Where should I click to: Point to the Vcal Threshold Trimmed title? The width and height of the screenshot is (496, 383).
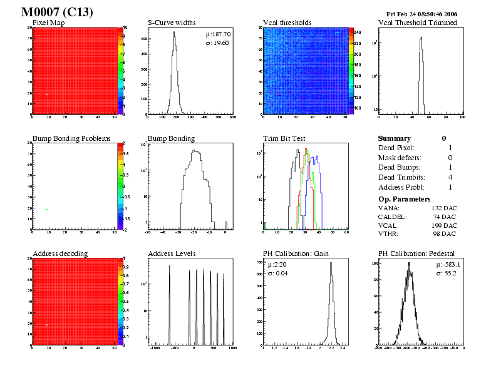click(x=417, y=23)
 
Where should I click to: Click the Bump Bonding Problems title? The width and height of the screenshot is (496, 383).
click(x=71, y=138)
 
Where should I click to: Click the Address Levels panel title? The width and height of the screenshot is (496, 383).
click(x=172, y=253)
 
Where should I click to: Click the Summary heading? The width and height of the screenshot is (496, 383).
click(x=395, y=138)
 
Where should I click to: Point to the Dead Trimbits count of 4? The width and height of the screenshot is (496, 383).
click(x=450, y=177)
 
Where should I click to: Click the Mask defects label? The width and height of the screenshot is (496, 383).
click(x=400, y=158)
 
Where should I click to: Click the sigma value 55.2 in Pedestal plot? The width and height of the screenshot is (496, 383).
click(x=450, y=273)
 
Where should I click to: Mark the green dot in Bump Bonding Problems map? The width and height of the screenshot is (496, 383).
click(x=46, y=209)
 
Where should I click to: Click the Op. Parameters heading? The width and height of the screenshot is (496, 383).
click(x=403, y=198)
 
